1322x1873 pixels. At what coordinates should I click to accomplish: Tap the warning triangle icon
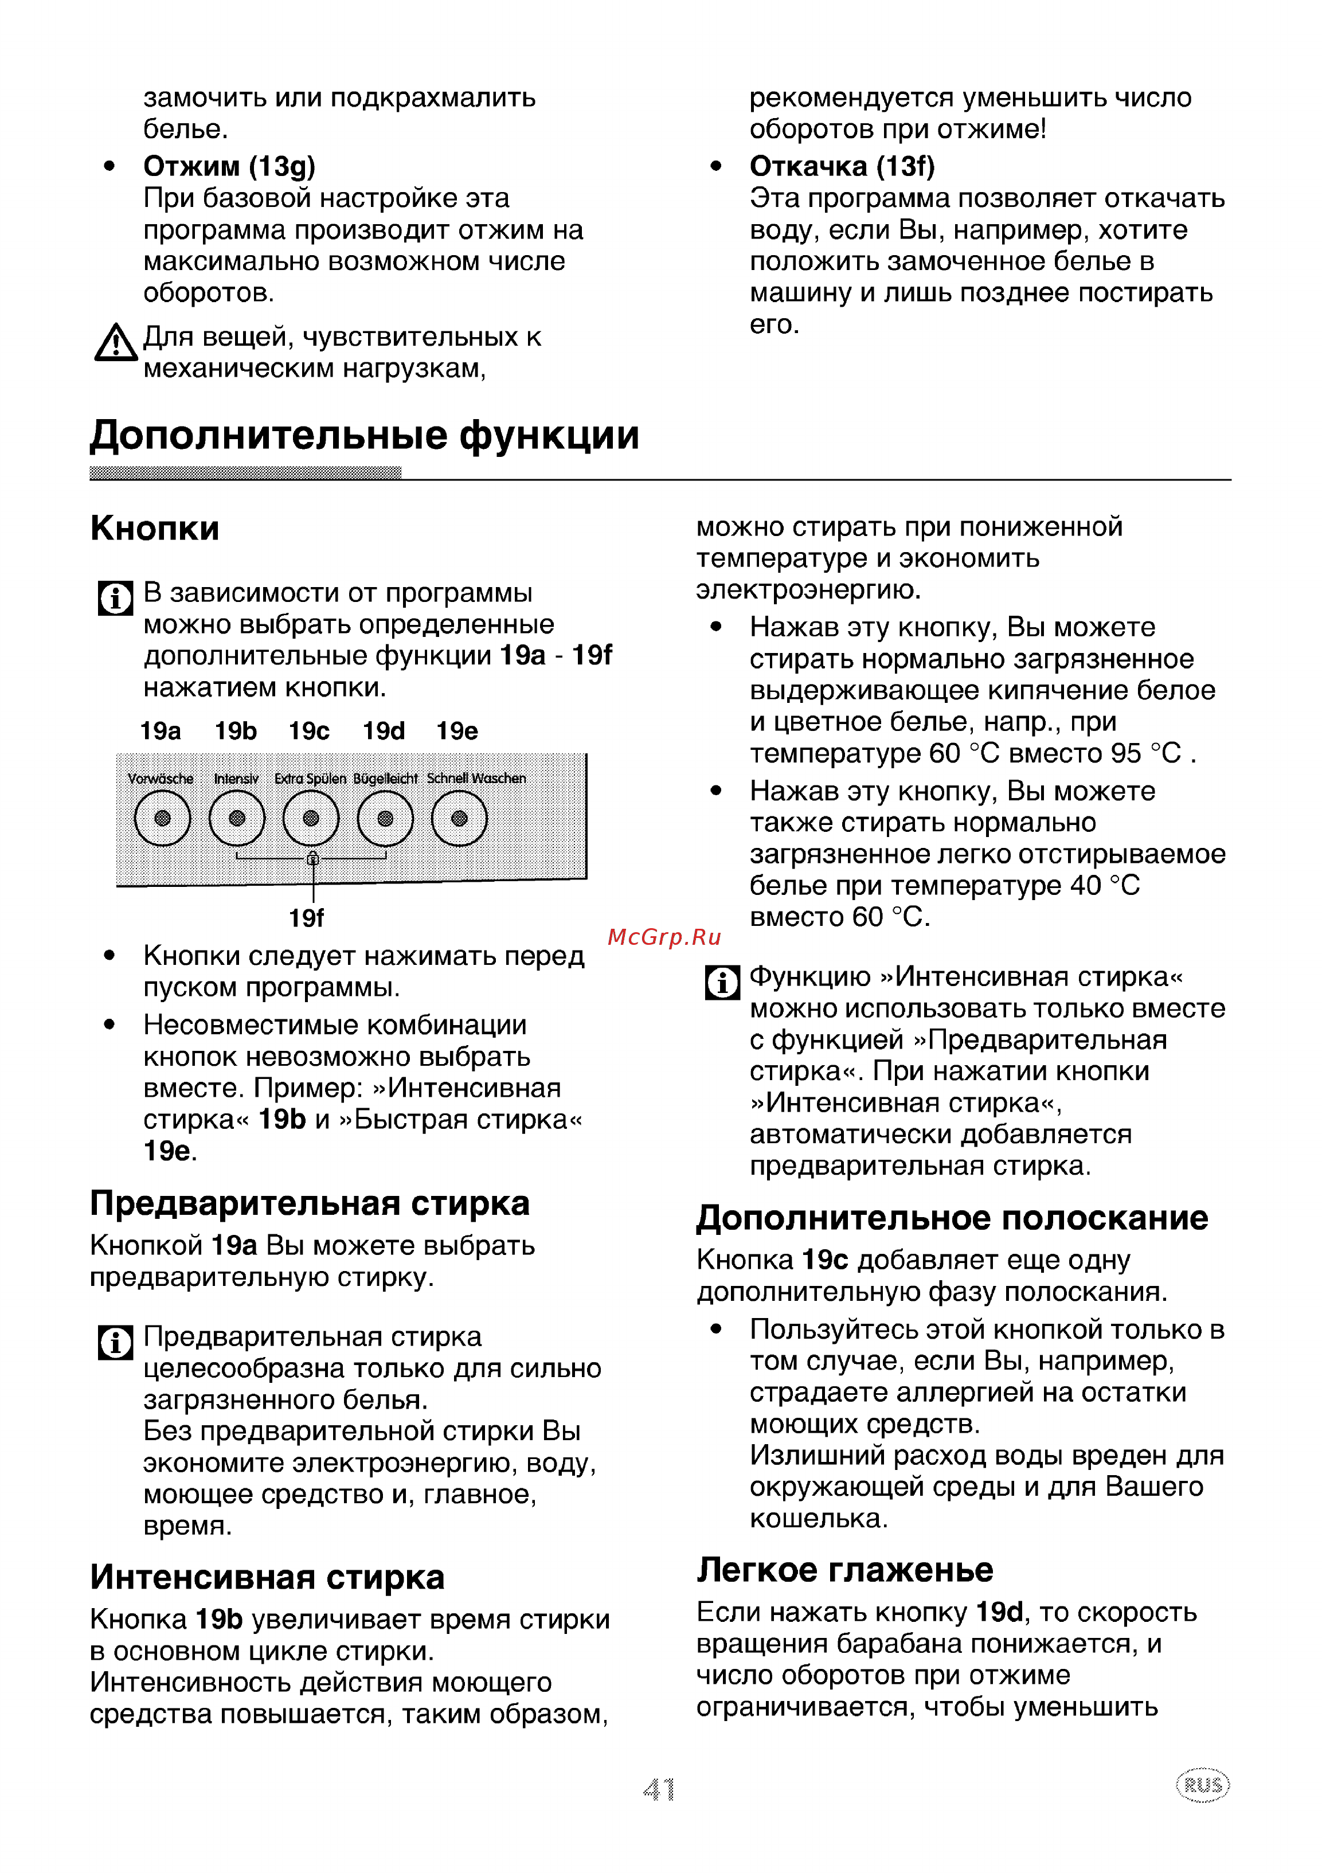(x=116, y=343)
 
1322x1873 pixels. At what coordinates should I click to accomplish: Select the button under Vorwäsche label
(x=162, y=818)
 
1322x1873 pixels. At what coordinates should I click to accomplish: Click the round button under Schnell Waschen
(x=459, y=818)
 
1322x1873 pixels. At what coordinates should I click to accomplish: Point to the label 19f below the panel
(x=307, y=918)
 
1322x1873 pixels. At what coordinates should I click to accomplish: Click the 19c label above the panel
(x=309, y=731)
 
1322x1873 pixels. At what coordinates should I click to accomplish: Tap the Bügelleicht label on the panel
(x=385, y=779)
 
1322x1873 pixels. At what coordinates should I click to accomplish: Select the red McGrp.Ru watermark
(x=664, y=937)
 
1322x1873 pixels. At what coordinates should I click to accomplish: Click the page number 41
(x=659, y=1790)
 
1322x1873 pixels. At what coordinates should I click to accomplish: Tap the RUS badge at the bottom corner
(x=1203, y=1786)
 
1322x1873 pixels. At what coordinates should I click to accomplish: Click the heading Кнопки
(x=155, y=529)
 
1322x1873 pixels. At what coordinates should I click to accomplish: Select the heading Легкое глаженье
(x=845, y=1570)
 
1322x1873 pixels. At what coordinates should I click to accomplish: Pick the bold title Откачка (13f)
(x=843, y=166)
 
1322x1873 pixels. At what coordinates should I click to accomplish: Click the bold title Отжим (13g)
(x=229, y=166)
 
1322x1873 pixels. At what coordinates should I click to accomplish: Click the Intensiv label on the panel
(x=237, y=779)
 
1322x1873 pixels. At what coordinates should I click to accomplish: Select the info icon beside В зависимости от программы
(x=115, y=598)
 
